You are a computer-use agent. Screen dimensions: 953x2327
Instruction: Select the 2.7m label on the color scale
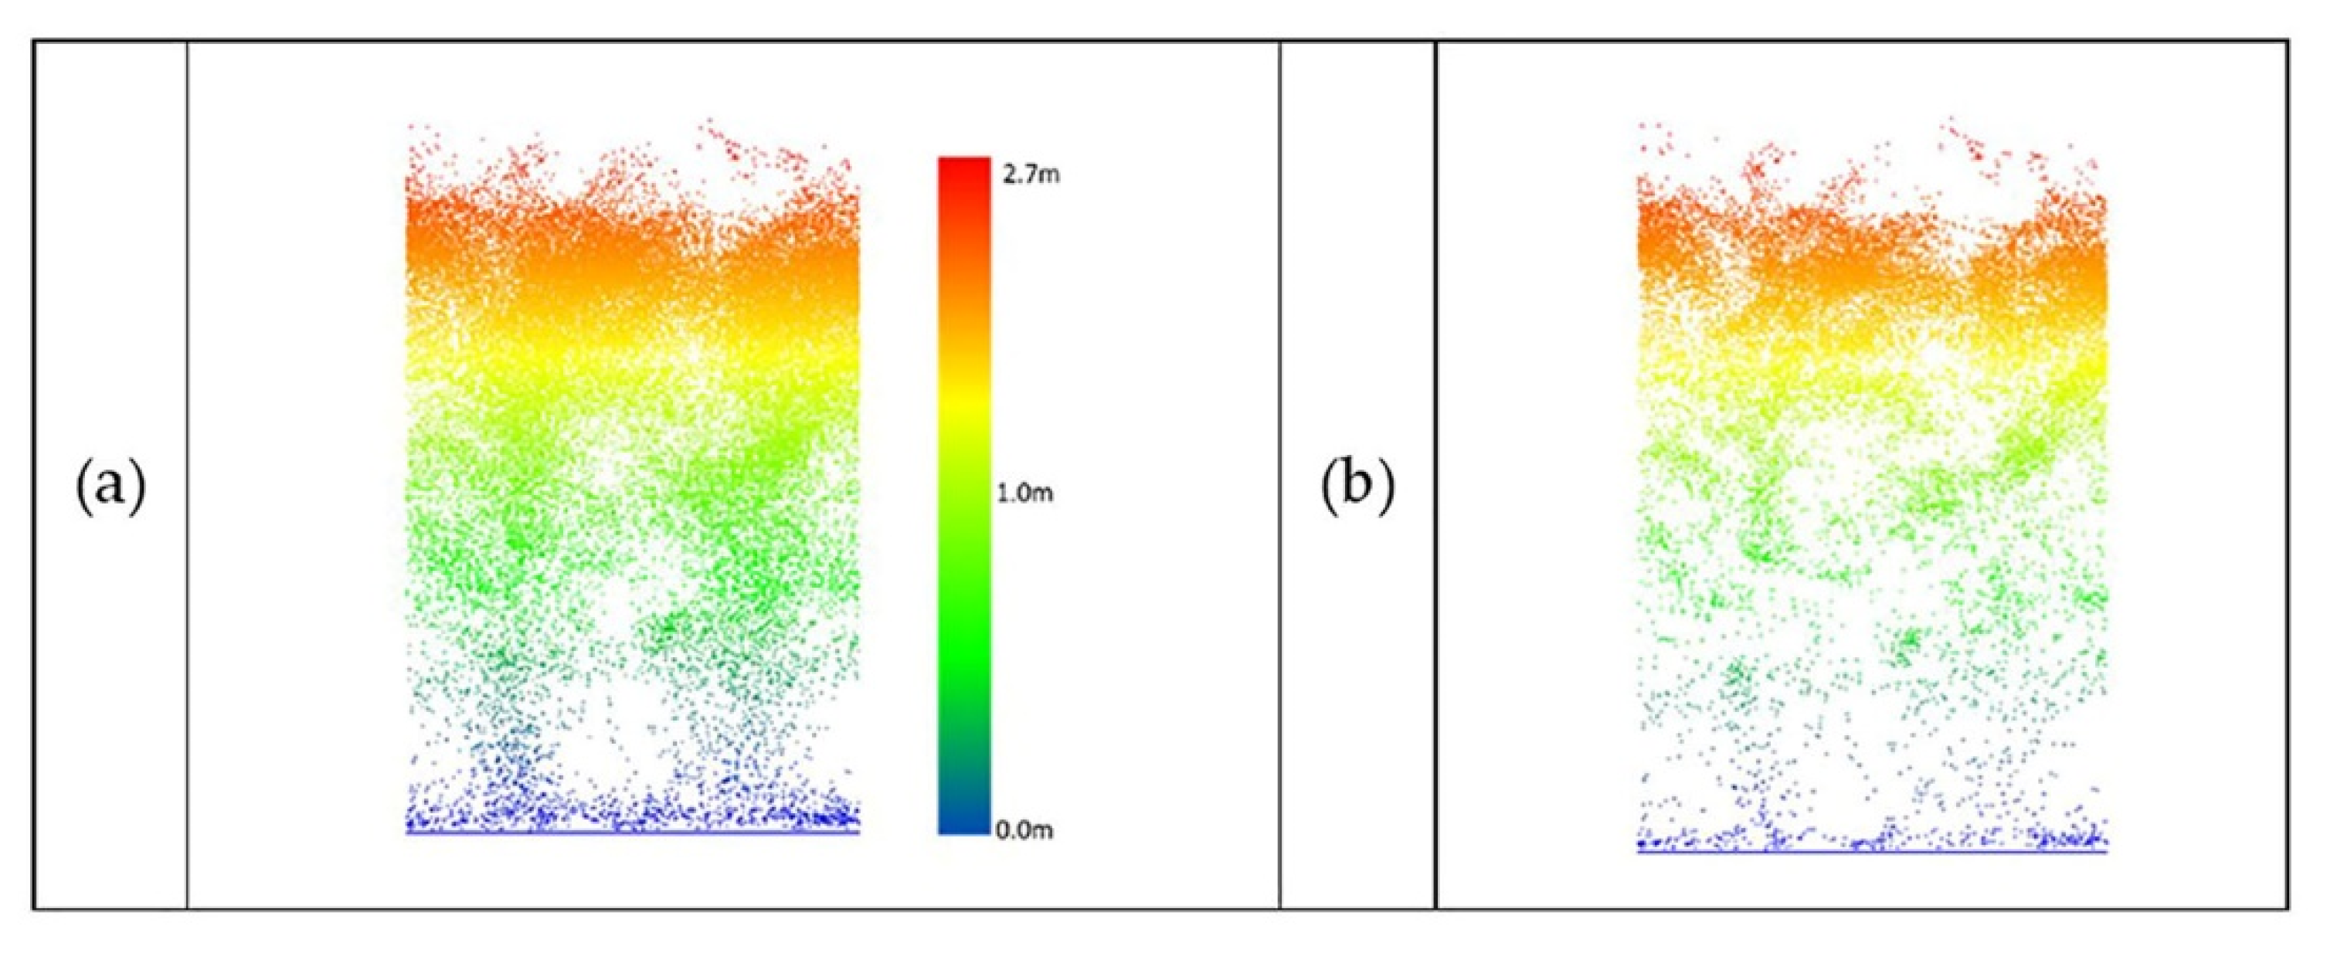click(x=1031, y=175)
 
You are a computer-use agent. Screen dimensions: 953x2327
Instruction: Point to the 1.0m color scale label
click(x=1027, y=494)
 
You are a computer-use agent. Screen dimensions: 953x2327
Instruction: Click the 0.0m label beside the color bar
click(x=1026, y=830)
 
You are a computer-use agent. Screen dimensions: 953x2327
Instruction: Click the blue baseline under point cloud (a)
click(x=632, y=832)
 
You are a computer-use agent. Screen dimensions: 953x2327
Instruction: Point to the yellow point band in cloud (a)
click(x=632, y=361)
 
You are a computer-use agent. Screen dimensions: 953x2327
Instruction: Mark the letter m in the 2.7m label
click(x=1049, y=175)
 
